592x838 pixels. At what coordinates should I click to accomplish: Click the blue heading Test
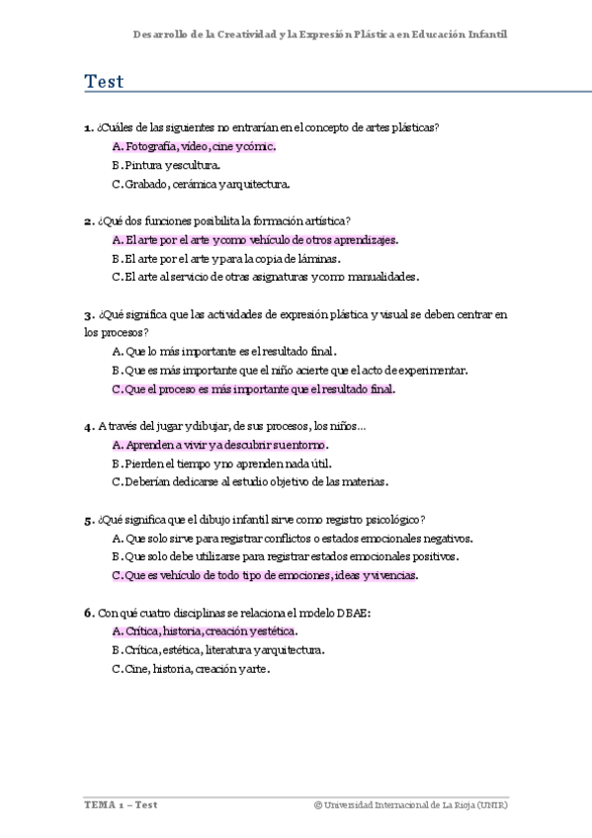(104, 82)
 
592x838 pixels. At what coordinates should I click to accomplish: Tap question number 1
(88, 127)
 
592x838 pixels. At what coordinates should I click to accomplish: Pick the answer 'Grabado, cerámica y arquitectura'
(201, 184)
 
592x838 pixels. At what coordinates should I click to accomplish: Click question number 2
(88, 221)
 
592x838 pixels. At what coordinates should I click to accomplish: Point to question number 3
(88, 315)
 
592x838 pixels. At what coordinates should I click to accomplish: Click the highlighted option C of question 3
(253, 389)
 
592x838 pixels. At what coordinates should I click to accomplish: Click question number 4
(88, 427)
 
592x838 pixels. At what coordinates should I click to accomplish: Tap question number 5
(88, 520)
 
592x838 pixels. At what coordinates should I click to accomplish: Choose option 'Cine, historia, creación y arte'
(191, 669)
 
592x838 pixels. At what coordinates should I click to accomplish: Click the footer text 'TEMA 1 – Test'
(121, 805)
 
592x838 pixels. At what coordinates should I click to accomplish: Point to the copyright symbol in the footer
(318, 805)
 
